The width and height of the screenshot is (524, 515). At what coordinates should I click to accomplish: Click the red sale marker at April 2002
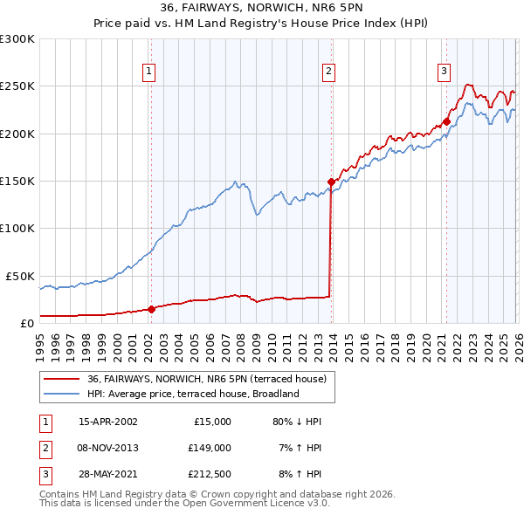(151, 308)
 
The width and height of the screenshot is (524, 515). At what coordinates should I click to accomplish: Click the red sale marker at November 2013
(331, 182)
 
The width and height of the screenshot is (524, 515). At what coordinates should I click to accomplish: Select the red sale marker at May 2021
(446, 121)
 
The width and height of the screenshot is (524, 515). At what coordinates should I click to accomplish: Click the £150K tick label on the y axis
(17, 182)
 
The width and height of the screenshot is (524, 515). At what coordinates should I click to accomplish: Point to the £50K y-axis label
(20, 276)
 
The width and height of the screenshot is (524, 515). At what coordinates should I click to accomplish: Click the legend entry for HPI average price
(193, 394)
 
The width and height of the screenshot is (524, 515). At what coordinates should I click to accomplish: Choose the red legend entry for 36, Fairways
(206, 379)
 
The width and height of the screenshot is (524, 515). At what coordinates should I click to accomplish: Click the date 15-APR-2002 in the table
(107, 422)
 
